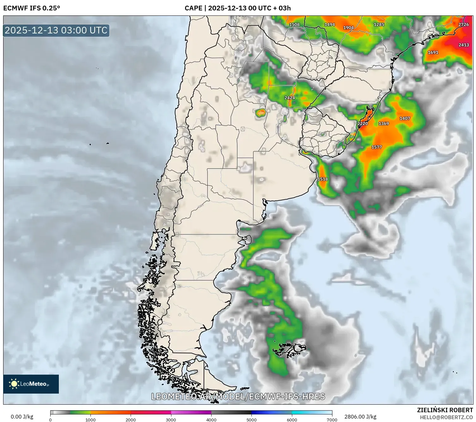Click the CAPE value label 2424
click(x=290, y=98)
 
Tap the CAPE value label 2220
click(x=362, y=124)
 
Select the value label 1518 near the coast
click(x=323, y=179)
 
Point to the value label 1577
click(x=376, y=147)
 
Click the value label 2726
click(x=463, y=25)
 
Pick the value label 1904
click(x=348, y=28)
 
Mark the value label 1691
click(x=433, y=53)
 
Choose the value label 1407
click(x=405, y=119)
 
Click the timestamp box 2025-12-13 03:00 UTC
click(x=56, y=30)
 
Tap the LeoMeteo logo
click(x=31, y=384)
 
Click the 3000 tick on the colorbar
click(x=171, y=420)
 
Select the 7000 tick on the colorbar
click(x=332, y=420)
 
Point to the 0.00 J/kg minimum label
click(x=22, y=417)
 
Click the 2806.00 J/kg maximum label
click(x=360, y=417)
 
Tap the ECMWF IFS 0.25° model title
click(x=32, y=8)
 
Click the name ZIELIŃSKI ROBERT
click(x=445, y=410)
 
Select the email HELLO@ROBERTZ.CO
click(x=446, y=417)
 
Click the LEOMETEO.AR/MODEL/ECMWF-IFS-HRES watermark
click(x=238, y=396)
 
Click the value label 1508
click(x=294, y=25)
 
